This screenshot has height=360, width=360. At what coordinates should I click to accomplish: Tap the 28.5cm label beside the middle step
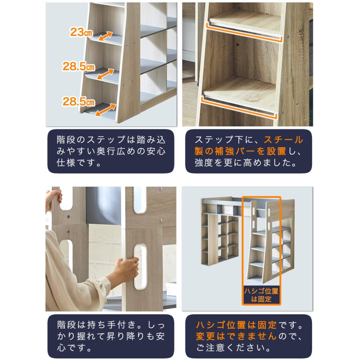78,66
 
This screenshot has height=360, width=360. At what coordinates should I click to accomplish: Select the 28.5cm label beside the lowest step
78,101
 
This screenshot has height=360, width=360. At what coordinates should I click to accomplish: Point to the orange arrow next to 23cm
105,36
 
